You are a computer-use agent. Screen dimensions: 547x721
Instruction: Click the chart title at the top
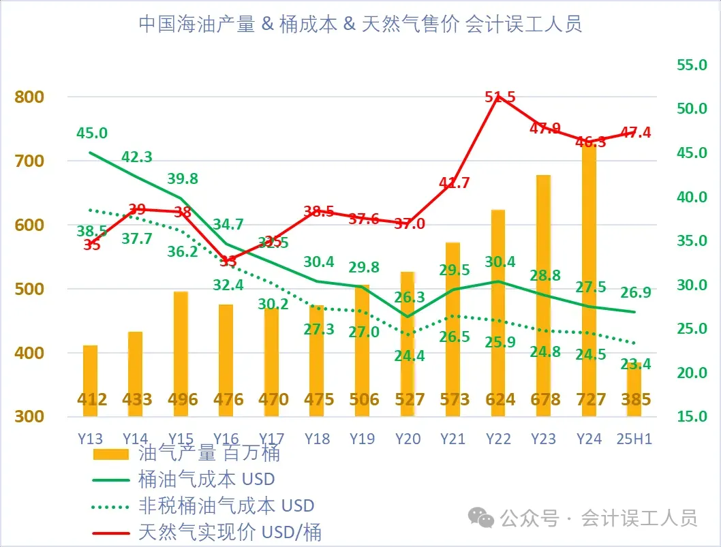pos(360,25)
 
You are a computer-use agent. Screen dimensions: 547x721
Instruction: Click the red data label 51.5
pos(500,97)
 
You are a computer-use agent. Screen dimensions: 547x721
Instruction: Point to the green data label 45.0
pos(92,133)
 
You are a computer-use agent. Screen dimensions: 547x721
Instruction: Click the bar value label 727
pos(589,399)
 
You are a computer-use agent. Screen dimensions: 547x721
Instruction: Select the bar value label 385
pos(634,399)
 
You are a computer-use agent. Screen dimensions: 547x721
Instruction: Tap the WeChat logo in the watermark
pos(485,519)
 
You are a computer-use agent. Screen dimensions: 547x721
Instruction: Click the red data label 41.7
pos(455,183)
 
